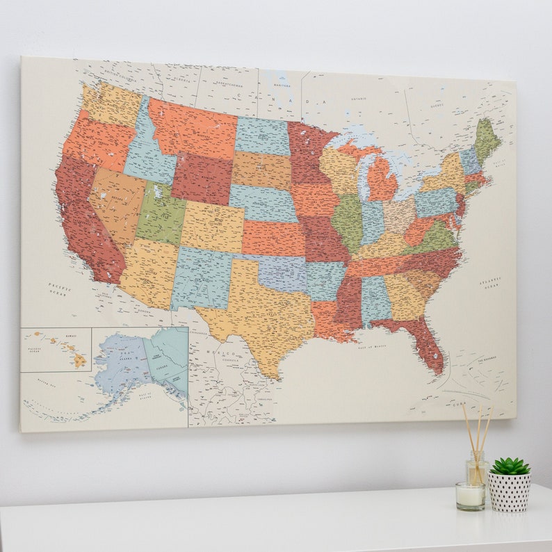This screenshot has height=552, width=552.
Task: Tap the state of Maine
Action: [486, 139]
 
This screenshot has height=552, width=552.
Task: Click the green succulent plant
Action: [510, 466]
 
